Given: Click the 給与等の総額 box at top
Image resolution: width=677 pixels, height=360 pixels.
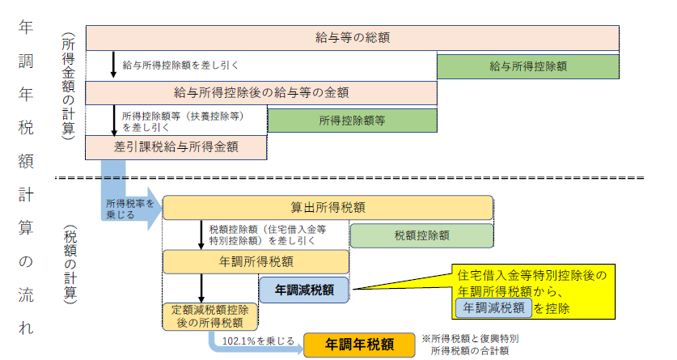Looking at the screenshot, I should pyautogui.click(x=353, y=38).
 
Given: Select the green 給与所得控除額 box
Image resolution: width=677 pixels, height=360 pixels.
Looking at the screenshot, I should pyautogui.click(x=528, y=66).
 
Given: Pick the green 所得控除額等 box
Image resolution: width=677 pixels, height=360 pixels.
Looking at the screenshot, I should pyautogui.click(x=352, y=120).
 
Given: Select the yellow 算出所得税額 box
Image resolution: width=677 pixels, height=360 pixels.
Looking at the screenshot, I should pyautogui.click(x=328, y=207).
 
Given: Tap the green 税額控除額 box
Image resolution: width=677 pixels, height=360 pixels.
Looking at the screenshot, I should pyautogui.click(x=421, y=235).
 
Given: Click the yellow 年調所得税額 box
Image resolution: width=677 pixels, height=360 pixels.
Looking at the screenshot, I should pyautogui.click(x=256, y=262).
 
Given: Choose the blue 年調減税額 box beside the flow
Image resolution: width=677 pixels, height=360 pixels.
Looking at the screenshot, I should pyautogui.click(x=305, y=289).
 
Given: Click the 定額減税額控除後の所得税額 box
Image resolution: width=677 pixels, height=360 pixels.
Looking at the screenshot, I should pyautogui.click(x=210, y=316).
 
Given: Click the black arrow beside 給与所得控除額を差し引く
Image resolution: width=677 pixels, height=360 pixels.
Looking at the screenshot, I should pyautogui.click(x=113, y=65).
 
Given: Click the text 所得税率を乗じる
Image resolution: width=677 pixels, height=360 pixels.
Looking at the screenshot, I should pyautogui.click(x=129, y=209).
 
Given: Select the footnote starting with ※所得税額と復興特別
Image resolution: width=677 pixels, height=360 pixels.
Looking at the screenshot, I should pyautogui.click(x=469, y=345).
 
